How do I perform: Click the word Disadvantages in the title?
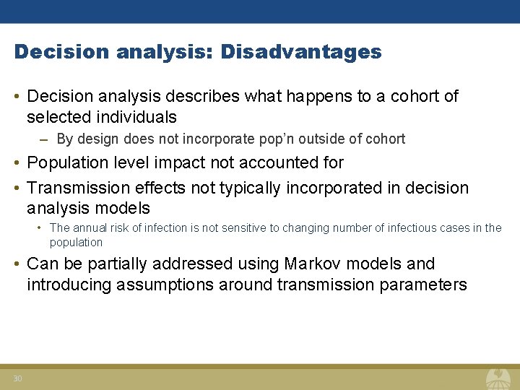pyautogui.click(x=301, y=52)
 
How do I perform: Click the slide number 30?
pyautogui.click(x=18, y=378)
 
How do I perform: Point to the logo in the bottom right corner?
pyautogui.click(x=498, y=378)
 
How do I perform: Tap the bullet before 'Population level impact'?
pyautogui.click(x=17, y=163)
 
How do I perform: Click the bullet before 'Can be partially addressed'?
pyautogui.click(x=17, y=264)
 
